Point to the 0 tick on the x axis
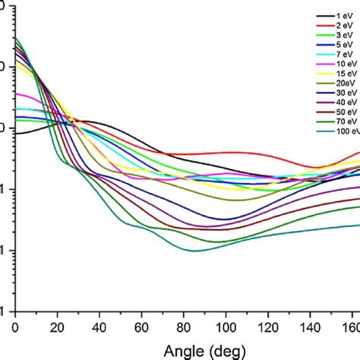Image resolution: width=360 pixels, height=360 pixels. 15,326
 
